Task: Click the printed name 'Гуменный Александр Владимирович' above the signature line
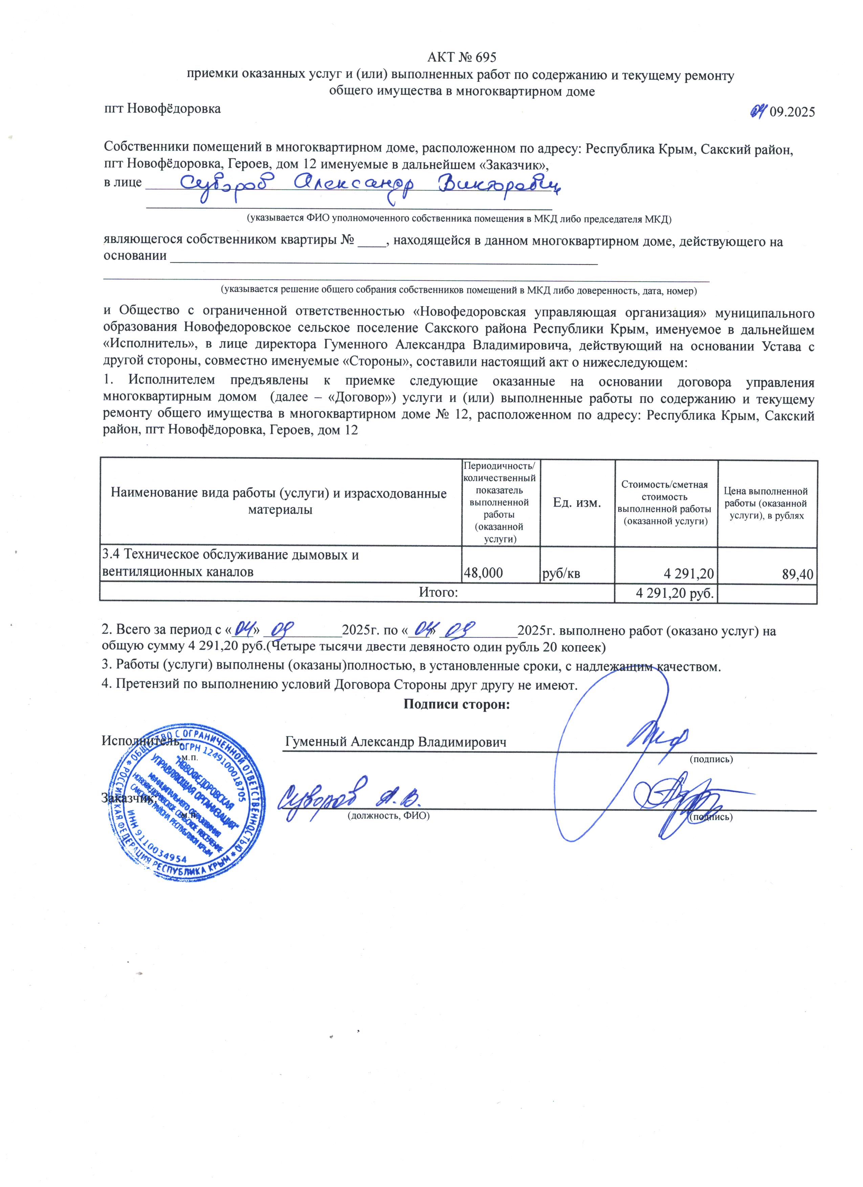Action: tap(396, 742)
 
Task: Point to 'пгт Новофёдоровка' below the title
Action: tap(162, 109)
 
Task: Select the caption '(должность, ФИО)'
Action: tap(389, 816)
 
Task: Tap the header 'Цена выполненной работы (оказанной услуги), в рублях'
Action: tap(768, 503)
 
